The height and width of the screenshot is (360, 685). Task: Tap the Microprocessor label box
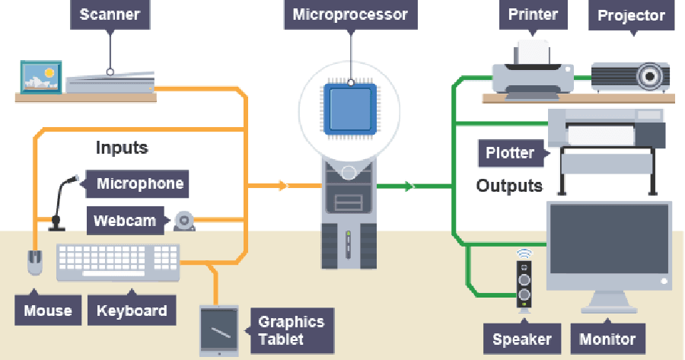coord(350,14)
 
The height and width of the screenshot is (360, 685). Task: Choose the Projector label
coord(631,15)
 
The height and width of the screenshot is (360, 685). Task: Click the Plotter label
coord(510,153)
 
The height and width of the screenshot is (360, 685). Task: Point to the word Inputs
coord(122,148)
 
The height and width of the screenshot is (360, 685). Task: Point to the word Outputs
coord(509,186)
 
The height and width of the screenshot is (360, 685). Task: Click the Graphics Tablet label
coord(291,330)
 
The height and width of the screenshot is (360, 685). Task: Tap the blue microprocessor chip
coord(350,109)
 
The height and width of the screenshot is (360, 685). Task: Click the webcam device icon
coord(184,221)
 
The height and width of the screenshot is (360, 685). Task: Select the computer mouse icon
coord(35,262)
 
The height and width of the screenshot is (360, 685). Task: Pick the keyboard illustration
coord(118,263)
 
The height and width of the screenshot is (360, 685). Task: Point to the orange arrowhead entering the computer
coord(284,185)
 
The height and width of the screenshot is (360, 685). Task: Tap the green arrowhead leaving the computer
coord(410,186)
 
